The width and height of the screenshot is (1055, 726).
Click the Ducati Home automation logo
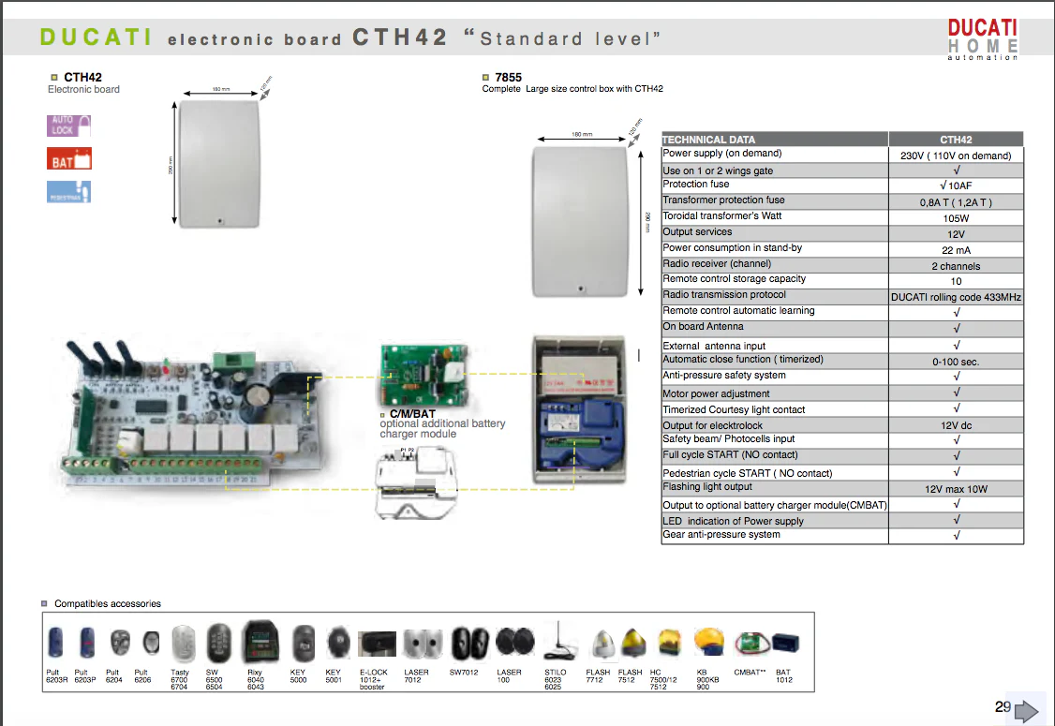click(982, 39)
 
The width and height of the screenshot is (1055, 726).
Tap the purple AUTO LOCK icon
click(69, 126)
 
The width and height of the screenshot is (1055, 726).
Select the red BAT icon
click(69, 159)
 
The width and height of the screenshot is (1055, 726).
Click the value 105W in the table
click(956, 217)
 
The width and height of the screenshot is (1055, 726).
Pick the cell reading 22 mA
click(956, 250)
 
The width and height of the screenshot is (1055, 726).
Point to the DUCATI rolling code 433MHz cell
click(956, 297)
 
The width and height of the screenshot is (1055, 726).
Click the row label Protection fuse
click(696, 185)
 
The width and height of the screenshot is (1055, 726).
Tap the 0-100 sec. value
click(956, 361)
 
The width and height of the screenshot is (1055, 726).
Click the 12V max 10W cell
click(956, 489)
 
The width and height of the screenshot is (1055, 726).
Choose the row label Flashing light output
click(707, 487)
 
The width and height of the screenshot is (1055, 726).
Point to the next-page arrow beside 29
click(1027, 710)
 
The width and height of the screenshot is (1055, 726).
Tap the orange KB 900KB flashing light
click(708, 642)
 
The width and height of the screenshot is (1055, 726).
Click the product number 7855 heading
click(508, 78)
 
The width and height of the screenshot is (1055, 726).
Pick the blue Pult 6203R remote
click(56, 643)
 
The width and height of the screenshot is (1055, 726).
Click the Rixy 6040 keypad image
click(257, 642)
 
